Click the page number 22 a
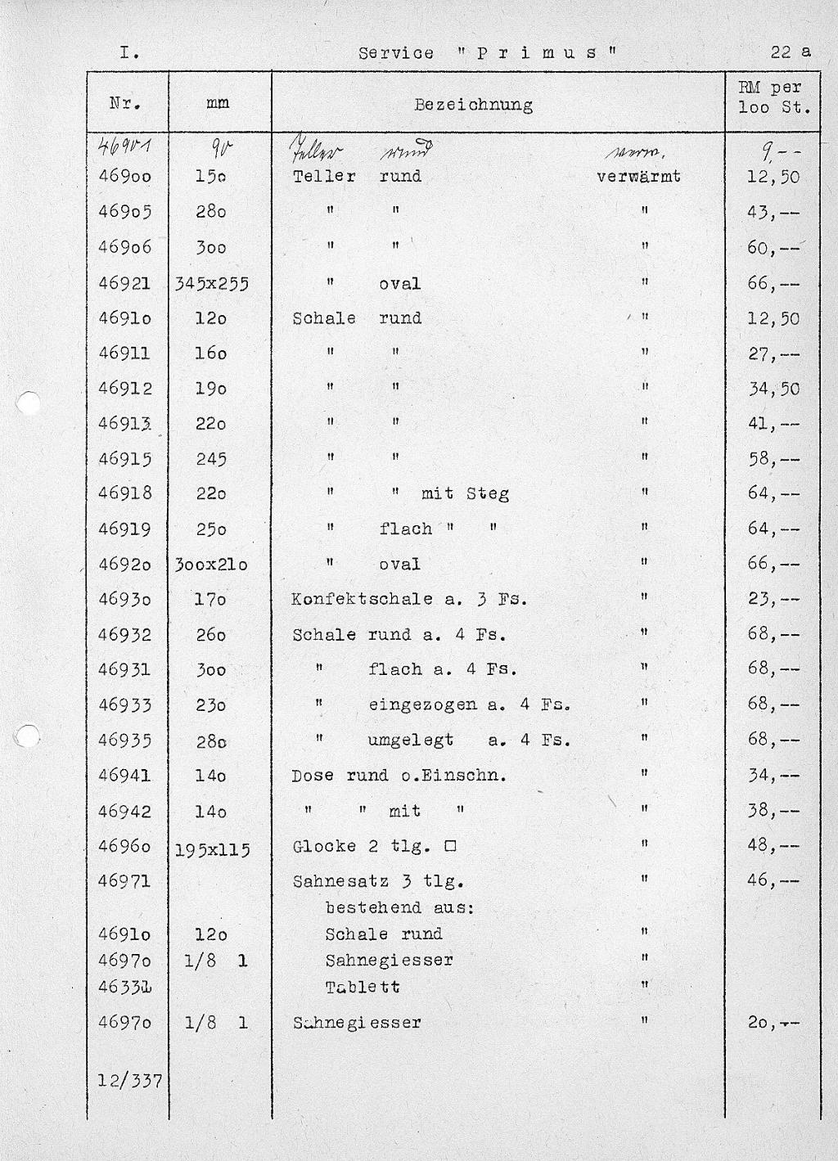[790, 52]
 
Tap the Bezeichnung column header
[473, 105]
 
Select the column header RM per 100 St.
[773, 97]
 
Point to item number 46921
[125, 284]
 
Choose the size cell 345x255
[211, 284]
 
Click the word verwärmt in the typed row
[638, 177]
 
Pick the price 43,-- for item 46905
[773, 212]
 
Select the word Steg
[488, 493]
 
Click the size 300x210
[211, 565]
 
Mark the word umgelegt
[411, 740]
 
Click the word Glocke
[325, 847]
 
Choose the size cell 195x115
[212, 850]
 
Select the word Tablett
[363, 987]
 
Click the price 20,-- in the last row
[773, 1022]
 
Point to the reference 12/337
[130, 1081]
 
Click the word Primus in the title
[536, 53]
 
